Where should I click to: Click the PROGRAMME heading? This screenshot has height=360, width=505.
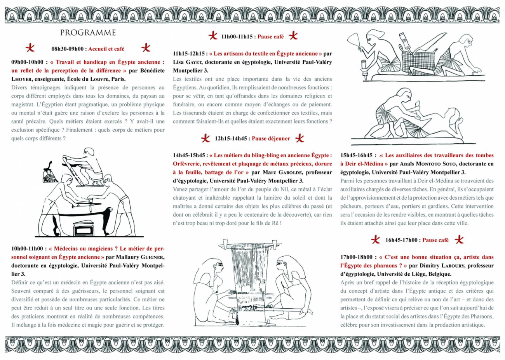click(x=88, y=33)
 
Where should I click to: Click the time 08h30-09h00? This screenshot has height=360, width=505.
click(x=67, y=49)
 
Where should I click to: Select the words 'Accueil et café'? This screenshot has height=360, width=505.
click(x=106, y=49)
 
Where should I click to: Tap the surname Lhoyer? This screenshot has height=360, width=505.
click(x=22, y=79)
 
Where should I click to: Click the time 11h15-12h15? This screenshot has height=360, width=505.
click(x=189, y=54)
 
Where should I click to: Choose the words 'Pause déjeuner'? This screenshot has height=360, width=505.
click(x=271, y=138)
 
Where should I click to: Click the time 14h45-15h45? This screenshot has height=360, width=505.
click(x=189, y=155)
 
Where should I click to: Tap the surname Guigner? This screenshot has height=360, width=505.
click(x=151, y=257)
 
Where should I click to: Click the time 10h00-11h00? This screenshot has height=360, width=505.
click(x=27, y=249)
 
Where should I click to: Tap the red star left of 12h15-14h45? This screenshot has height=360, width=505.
click(x=205, y=138)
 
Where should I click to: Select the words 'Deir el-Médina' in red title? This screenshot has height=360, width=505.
click(x=364, y=164)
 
